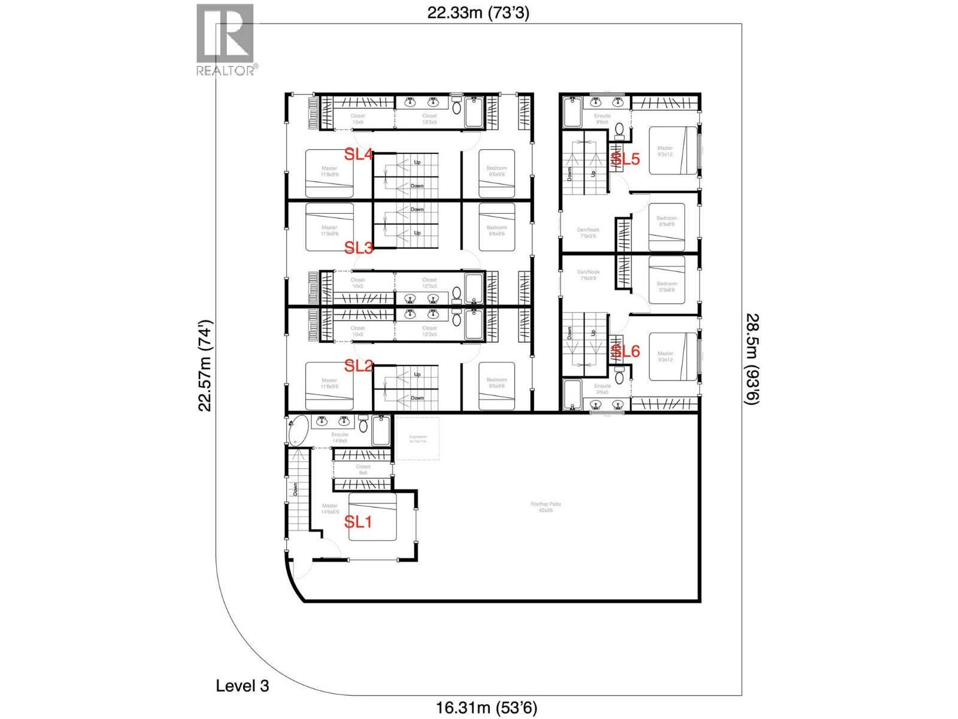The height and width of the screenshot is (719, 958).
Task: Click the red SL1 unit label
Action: [358, 522]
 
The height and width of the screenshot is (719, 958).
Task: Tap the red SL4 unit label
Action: [359, 155]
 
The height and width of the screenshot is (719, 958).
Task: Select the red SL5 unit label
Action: [625, 159]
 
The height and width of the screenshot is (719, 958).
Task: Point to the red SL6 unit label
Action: [625, 351]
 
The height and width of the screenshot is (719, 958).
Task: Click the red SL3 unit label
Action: [359, 247]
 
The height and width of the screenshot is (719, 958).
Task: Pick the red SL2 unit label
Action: [359, 365]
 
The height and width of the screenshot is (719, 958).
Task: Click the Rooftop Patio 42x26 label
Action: [545, 507]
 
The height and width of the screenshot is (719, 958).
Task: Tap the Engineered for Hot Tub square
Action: [418, 439]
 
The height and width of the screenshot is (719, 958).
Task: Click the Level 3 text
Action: [242, 685]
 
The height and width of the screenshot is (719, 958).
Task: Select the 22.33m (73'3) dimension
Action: [478, 13]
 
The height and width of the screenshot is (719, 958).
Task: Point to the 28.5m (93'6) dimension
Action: [752, 359]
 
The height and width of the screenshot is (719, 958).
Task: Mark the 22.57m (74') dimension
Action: [205, 365]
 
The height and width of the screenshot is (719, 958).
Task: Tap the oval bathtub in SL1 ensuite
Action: [298, 431]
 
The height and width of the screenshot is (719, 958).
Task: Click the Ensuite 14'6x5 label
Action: [339, 437]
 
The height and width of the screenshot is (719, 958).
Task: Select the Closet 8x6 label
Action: [363, 469]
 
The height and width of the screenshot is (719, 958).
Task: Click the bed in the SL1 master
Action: [372, 517]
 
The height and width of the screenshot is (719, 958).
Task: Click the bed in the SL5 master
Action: [672, 150]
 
